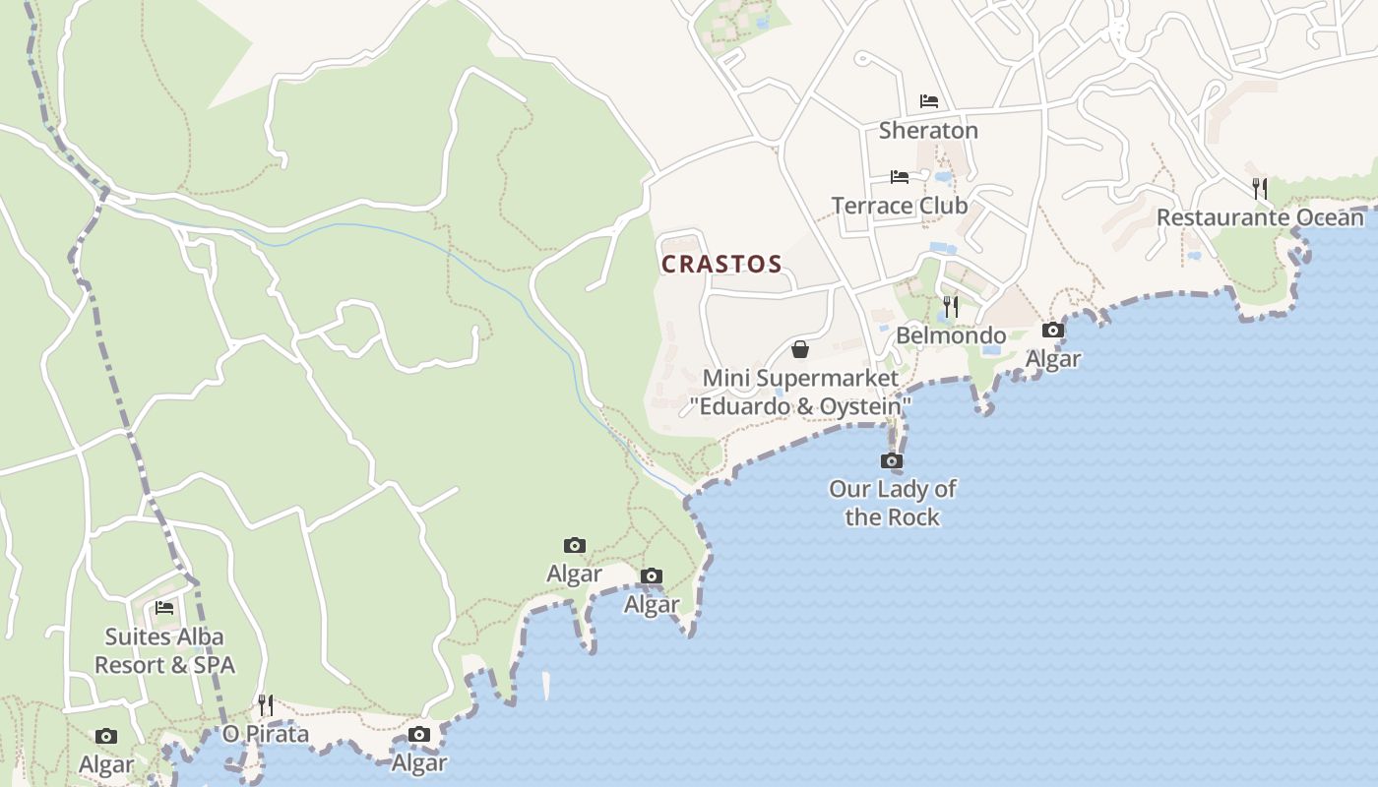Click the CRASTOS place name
[721, 265]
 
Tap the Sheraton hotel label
[928, 130]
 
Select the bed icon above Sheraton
[928, 101]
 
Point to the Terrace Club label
[900, 206]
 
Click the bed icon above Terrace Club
[900, 177]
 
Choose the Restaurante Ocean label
[1260, 217]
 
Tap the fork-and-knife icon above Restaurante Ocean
[1260, 188]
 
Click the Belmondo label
[951, 336]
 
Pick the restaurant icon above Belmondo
[950, 307]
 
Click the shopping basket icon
[800, 349]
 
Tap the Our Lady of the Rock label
[892, 503]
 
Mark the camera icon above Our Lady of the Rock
[892, 460]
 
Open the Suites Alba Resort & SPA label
[164, 651]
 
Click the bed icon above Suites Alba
[164, 608]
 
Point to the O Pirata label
[266, 734]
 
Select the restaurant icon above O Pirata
[266, 704]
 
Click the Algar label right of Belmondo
[1053, 359]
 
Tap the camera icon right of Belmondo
[1053, 331]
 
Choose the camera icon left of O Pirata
[106, 737]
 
